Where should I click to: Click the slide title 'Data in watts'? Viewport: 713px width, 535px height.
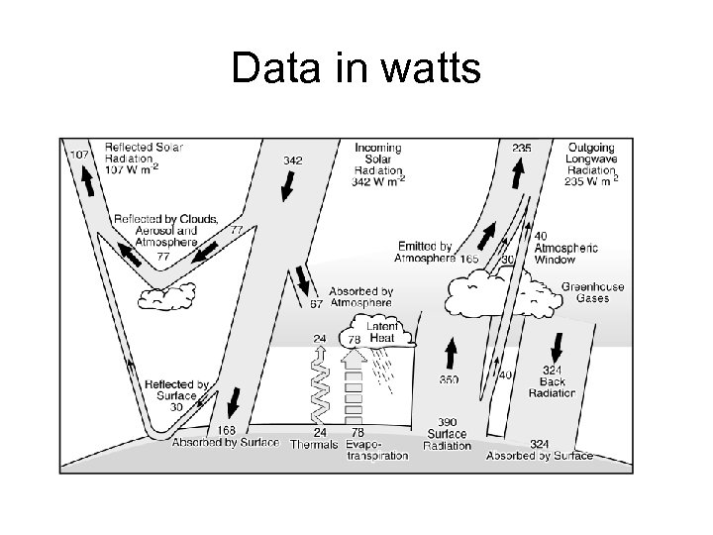click(356, 70)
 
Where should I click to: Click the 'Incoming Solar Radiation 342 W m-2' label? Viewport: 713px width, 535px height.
click(378, 164)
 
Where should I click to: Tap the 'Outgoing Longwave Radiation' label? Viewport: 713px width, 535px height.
click(592, 164)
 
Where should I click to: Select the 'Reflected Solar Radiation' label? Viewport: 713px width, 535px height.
click(143, 158)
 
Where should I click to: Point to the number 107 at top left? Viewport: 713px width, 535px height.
click(79, 155)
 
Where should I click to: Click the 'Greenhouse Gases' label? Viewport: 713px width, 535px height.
click(593, 292)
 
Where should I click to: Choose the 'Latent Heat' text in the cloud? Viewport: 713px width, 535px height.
click(382, 332)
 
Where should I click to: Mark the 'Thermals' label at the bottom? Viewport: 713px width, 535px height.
click(314, 444)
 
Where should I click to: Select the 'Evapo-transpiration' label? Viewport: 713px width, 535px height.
click(377, 450)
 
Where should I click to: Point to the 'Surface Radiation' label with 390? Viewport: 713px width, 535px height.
click(448, 433)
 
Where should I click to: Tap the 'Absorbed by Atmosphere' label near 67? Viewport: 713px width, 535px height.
click(360, 298)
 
